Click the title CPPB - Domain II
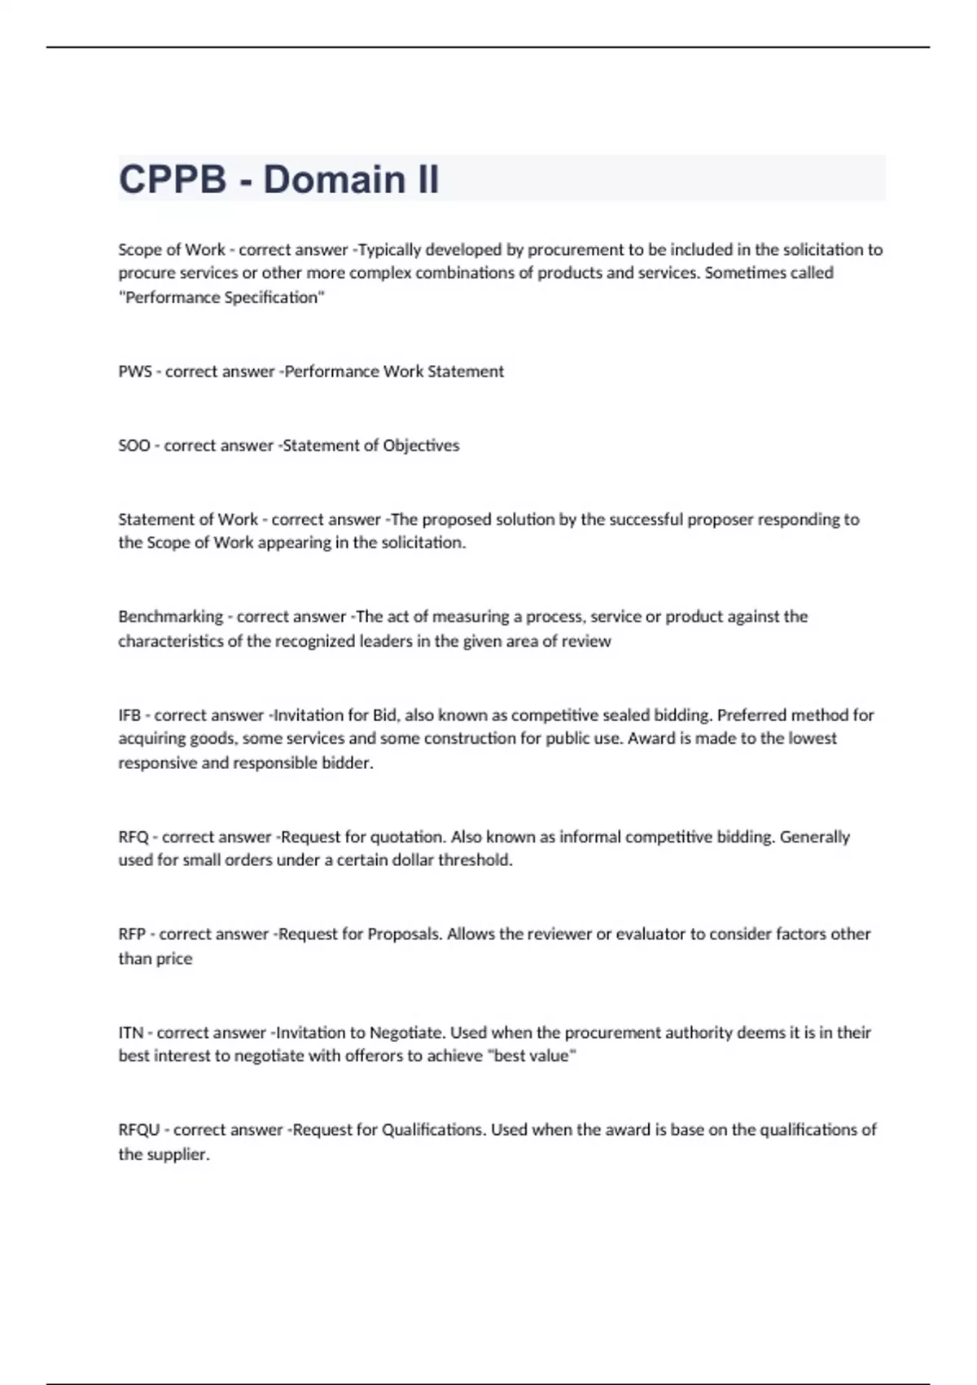[278, 179]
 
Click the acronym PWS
[134, 372]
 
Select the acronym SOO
[134, 446]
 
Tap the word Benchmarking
[170, 617]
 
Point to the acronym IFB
[129, 715]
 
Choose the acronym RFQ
[134, 837]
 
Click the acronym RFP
[132, 934]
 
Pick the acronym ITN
[131, 1032]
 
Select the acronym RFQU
[139, 1130]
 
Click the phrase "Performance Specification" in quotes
[221, 297]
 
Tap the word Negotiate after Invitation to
[407, 1032]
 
